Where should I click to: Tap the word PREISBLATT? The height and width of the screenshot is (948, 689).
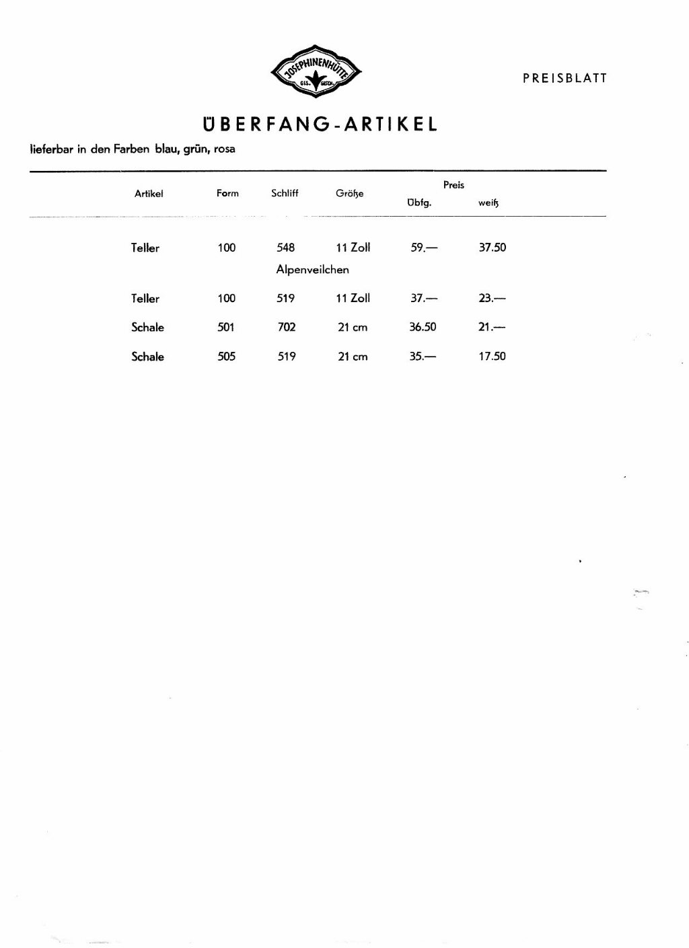565,78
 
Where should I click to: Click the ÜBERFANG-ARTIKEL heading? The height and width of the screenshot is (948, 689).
320,124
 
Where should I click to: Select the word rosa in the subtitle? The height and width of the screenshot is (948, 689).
225,149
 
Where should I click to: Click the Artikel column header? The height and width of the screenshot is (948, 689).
149,194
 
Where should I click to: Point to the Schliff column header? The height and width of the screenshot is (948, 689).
285,193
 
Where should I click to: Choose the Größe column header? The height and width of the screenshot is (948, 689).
349,194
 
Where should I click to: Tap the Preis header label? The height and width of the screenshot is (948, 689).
454,185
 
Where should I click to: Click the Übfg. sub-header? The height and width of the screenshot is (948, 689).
419,203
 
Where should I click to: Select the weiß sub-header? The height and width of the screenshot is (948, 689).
488,203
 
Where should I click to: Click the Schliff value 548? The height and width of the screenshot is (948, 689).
286,248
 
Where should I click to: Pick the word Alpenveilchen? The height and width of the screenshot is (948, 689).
312,270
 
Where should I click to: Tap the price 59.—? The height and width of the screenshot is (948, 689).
423,248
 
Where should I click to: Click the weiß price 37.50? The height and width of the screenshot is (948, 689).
492,248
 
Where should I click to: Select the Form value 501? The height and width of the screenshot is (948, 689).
227,328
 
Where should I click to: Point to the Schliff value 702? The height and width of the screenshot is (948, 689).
287,328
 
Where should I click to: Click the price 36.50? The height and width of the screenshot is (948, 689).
423,328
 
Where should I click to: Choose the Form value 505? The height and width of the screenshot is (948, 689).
227,357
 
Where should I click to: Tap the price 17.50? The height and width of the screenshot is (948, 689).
492,357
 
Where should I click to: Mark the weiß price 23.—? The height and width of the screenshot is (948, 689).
492,299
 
